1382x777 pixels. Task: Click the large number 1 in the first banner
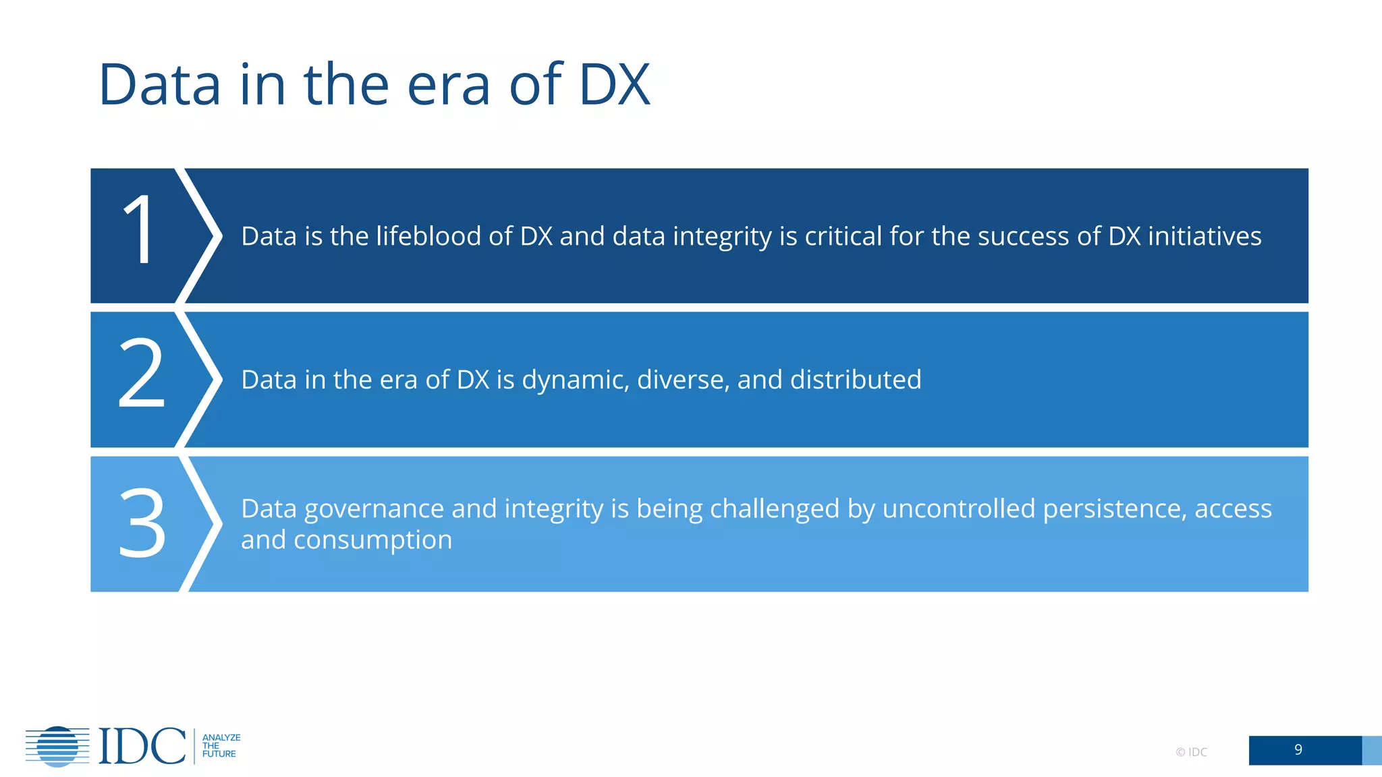(x=140, y=229)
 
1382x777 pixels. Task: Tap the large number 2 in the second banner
(x=141, y=373)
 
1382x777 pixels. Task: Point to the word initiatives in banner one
(x=1205, y=236)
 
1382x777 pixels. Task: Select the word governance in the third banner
(x=374, y=509)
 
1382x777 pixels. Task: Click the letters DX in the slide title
(x=614, y=85)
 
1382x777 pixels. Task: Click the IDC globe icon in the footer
(x=57, y=746)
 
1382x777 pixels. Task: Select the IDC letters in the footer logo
(x=142, y=746)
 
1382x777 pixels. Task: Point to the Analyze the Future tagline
(x=221, y=746)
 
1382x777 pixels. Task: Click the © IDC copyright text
(x=1191, y=752)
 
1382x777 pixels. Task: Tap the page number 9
(x=1298, y=750)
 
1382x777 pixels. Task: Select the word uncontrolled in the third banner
(x=958, y=509)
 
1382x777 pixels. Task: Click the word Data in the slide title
(x=160, y=85)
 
